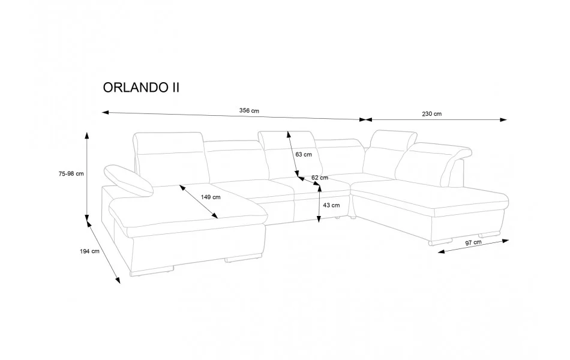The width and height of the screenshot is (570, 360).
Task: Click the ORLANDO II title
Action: click(x=141, y=87)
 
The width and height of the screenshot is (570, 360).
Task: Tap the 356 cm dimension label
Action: click(x=249, y=110)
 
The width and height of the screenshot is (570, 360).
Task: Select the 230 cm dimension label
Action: click(x=431, y=113)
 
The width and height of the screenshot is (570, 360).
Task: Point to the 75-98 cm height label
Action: click(x=71, y=174)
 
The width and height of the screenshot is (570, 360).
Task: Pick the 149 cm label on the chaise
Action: click(x=211, y=197)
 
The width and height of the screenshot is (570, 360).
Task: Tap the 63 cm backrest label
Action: click(x=304, y=154)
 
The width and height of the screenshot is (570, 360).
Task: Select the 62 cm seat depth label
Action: click(x=320, y=178)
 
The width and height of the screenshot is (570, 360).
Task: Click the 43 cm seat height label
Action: click(x=331, y=205)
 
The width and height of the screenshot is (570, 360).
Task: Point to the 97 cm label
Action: click(x=473, y=242)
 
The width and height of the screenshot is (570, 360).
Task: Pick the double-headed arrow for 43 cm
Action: click(x=319, y=204)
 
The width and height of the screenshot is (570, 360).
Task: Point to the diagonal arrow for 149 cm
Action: click(x=199, y=202)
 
